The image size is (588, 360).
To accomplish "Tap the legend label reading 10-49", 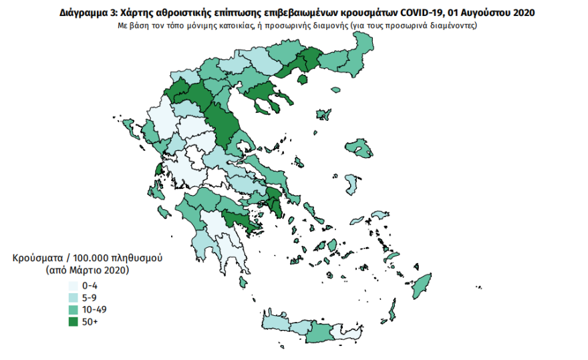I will point(94,310).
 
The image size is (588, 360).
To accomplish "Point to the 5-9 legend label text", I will point(89,298).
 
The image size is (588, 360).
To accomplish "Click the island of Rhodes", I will point(421,287).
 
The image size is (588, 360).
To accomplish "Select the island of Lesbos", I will point(358,148).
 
